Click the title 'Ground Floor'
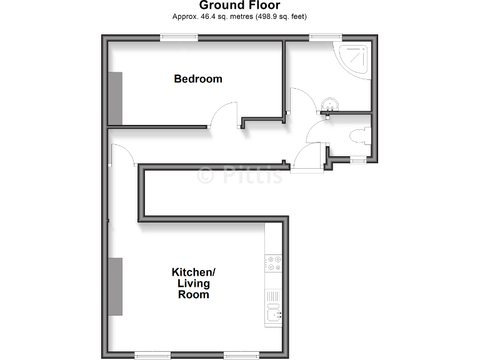click(x=239, y=6)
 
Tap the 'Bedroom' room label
click(x=198, y=79)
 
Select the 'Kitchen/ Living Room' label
click(x=194, y=283)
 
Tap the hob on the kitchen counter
click(x=274, y=263)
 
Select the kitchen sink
click(x=274, y=316)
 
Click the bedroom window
click(x=179, y=37)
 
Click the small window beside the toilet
click(x=357, y=161)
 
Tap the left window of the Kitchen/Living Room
click(x=151, y=355)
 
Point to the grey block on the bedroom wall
click(x=115, y=98)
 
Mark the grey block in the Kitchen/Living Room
click(x=115, y=286)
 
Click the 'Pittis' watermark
click(x=241, y=176)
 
